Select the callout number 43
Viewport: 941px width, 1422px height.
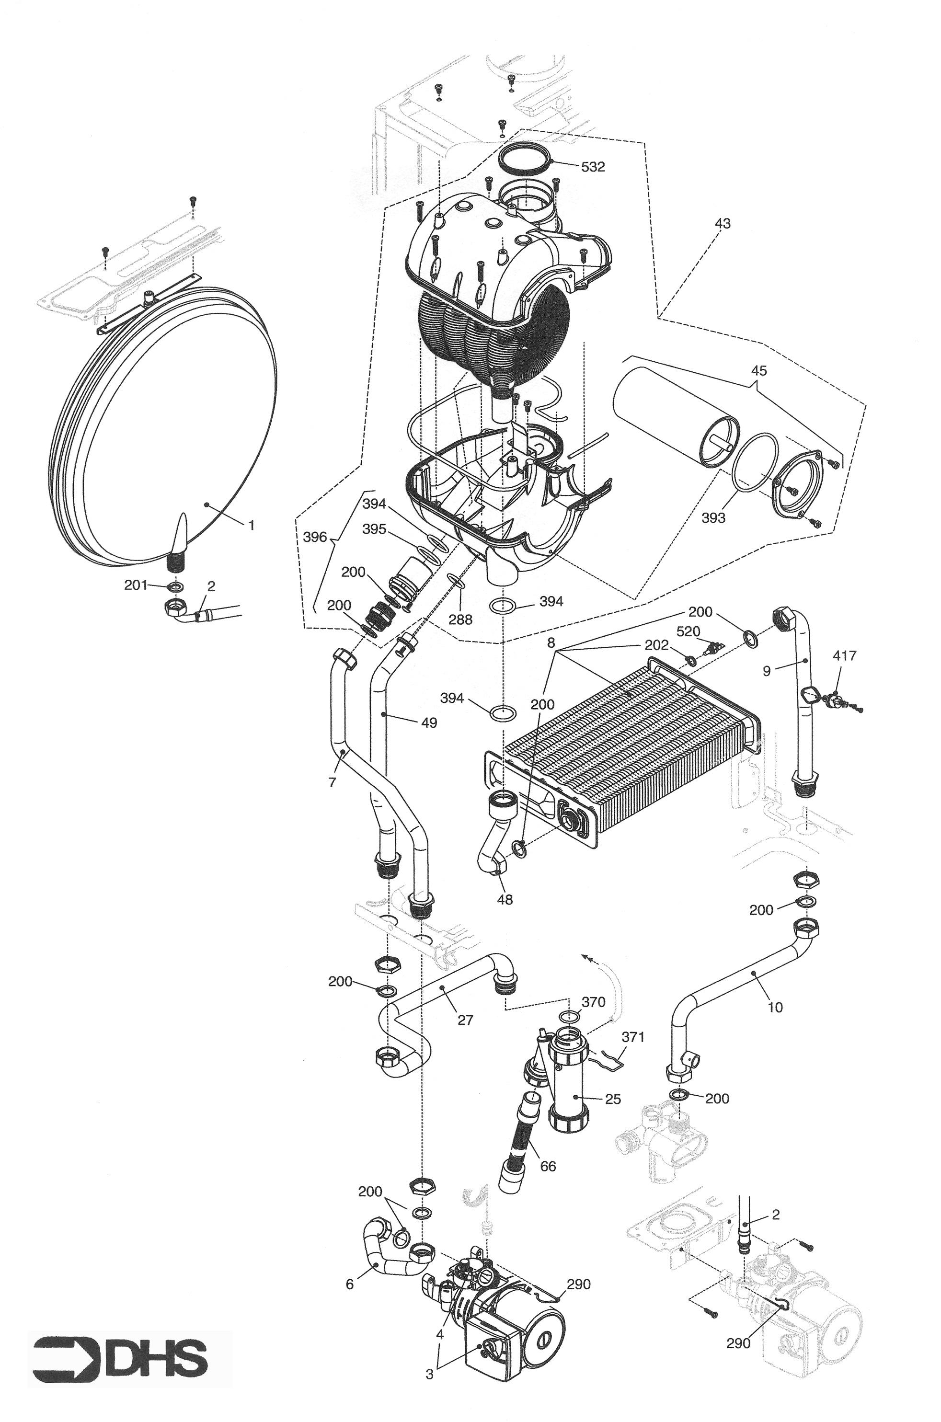pos(723,224)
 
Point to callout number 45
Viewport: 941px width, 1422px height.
pos(758,371)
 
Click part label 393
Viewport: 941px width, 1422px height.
pos(713,518)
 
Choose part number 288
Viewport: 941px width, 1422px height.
pos(460,619)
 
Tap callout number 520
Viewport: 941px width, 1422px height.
pos(689,632)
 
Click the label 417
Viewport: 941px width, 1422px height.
pos(844,656)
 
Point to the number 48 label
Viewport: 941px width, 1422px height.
pos(505,899)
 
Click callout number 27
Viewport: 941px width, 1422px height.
pos(466,1020)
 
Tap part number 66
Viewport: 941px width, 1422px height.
pos(548,1166)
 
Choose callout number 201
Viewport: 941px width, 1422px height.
pos(136,585)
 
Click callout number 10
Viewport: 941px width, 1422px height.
pos(775,1008)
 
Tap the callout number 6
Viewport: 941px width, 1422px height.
pos(350,1284)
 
